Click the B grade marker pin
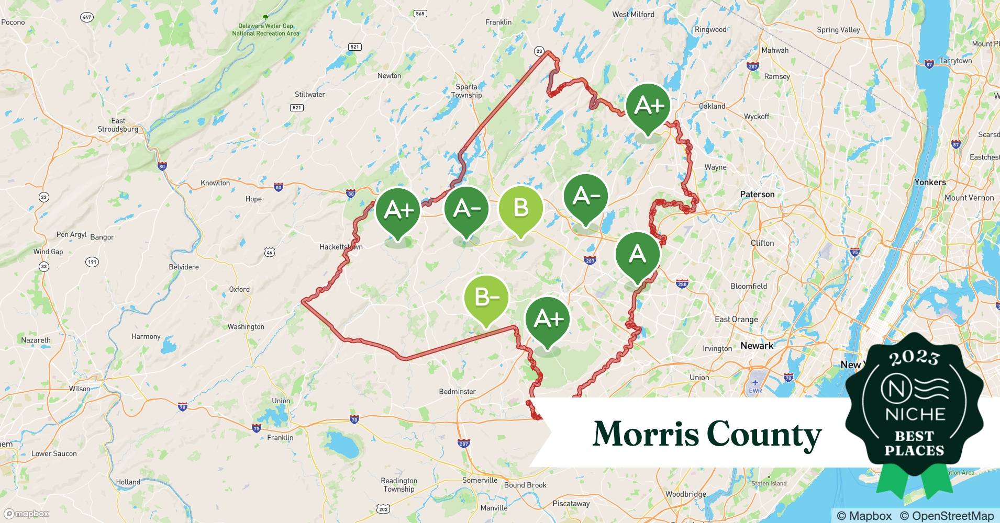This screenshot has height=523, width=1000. tap(520, 209)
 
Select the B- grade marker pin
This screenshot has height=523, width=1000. tap(486, 298)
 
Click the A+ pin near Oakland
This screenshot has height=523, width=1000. tap(648, 106)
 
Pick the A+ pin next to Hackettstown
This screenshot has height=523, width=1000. tap(398, 210)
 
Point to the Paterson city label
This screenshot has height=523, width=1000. tap(757, 194)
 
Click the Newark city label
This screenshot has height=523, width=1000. tap(757, 345)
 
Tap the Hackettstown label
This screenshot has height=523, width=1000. tap(341, 247)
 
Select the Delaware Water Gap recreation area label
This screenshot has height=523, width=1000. tap(266, 29)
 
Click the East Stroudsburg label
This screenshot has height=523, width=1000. tap(118, 125)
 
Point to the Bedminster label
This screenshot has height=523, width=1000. tap(457, 391)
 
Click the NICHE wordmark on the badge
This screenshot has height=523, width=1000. tap(915, 414)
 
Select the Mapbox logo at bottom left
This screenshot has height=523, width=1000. tap(27, 514)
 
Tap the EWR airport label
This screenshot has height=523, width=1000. tap(755, 391)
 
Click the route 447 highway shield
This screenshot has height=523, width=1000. tap(87, 17)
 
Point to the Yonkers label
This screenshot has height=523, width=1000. tap(930, 182)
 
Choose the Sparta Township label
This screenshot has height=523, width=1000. tap(466, 91)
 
